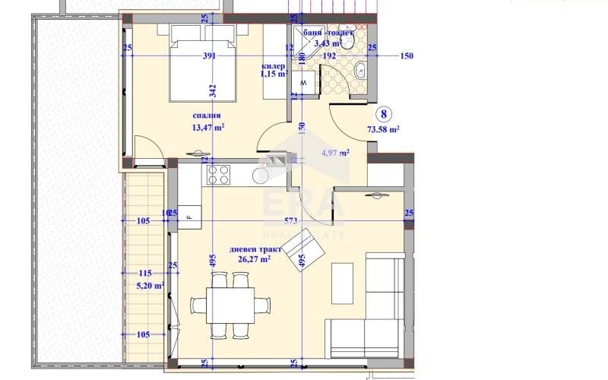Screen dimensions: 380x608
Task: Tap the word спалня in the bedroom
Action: [206, 116]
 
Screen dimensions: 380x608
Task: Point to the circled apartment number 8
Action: [385, 115]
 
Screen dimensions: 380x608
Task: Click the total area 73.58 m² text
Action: [385, 130]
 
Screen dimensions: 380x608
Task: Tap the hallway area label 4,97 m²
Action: [334, 153]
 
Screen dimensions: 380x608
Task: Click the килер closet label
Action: [273, 67]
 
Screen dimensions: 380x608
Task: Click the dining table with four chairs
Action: [231, 305]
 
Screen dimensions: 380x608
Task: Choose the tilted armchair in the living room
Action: [306, 251]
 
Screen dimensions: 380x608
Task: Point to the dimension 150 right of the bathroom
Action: [407, 55]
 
